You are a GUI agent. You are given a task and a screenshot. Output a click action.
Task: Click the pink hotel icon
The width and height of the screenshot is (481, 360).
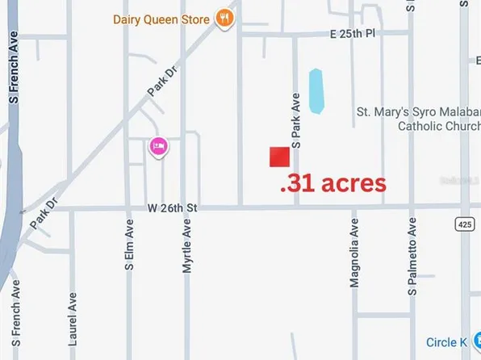pos(158,146)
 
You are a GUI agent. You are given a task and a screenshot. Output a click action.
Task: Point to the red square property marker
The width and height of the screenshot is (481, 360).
pos(279,157)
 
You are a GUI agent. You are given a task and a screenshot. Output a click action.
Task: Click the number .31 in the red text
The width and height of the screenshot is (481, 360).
pos(296,184)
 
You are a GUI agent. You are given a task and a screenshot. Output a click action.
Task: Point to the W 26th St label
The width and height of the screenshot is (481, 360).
pos(172,208)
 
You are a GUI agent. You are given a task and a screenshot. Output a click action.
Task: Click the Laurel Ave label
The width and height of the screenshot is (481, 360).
pos(73,319)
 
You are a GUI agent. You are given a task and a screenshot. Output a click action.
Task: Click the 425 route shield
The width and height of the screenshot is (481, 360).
pos(464,222)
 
